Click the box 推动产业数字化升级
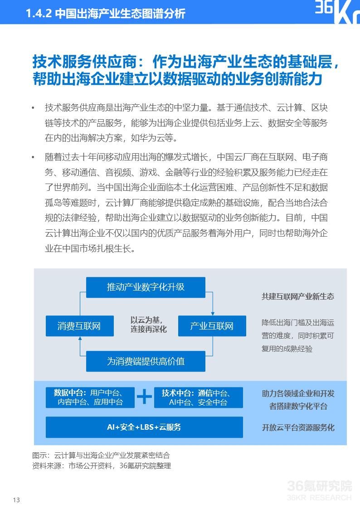pyautogui.click(x=146, y=287)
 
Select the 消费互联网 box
pyautogui.click(x=79, y=326)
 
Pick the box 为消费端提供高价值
pyautogui.click(x=146, y=361)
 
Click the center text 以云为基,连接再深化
pyautogui.click(x=148, y=325)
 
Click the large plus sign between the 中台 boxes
pyautogui.click(x=145, y=397)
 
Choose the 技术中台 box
pyautogui.click(x=199, y=398)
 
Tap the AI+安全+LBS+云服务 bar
pyautogui.click(x=144, y=427)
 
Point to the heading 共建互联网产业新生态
pyautogui.click(x=297, y=296)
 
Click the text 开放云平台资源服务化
pyautogui.click(x=298, y=427)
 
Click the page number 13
pyautogui.click(x=17, y=500)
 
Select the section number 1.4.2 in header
pyautogui.click(x=39, y=14)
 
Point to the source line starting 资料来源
pyautogui.click(x=102, y=465)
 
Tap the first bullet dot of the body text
pyautogui.click(x=33, y=108)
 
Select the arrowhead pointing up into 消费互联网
pyautogui.click(x=79, y=339)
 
